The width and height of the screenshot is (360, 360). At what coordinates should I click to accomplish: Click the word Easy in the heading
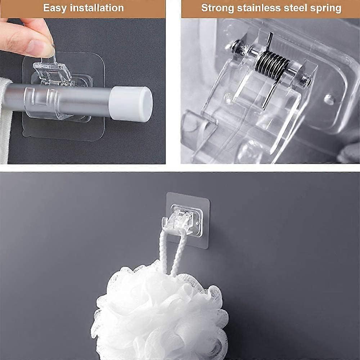pos(55,8)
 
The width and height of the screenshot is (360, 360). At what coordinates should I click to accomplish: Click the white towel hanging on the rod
pos(5,119)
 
